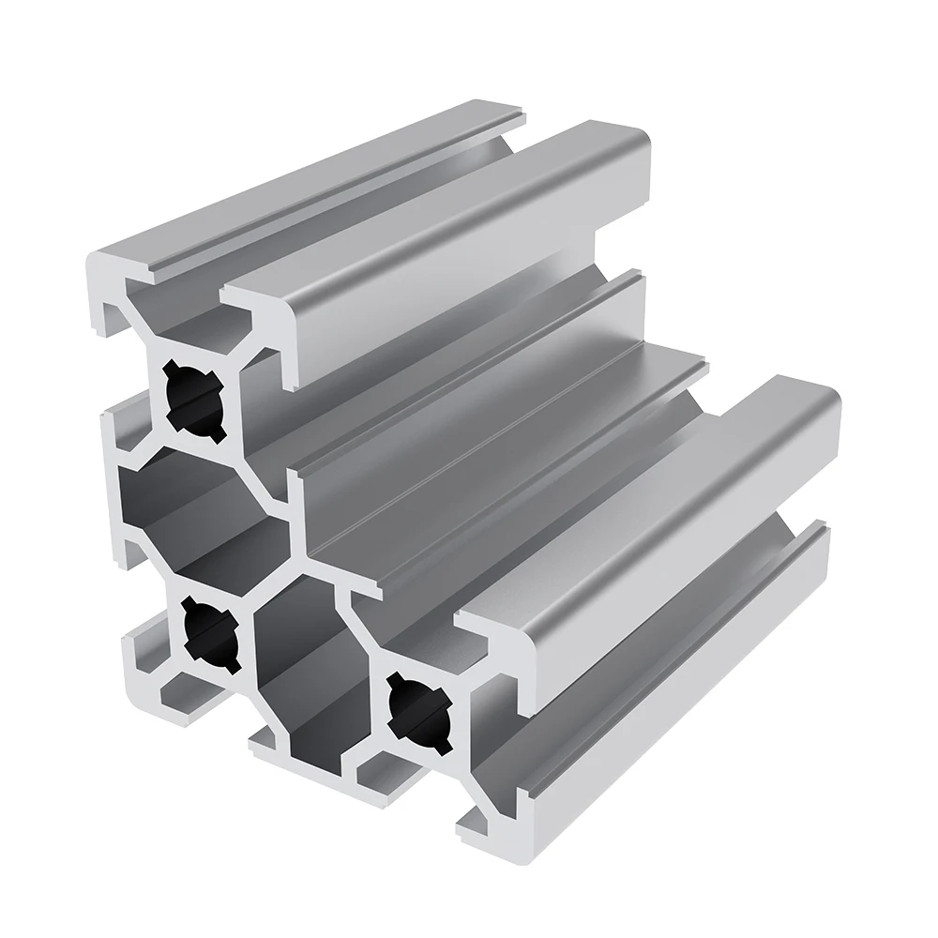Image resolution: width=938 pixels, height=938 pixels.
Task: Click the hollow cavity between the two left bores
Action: [202, 507]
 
